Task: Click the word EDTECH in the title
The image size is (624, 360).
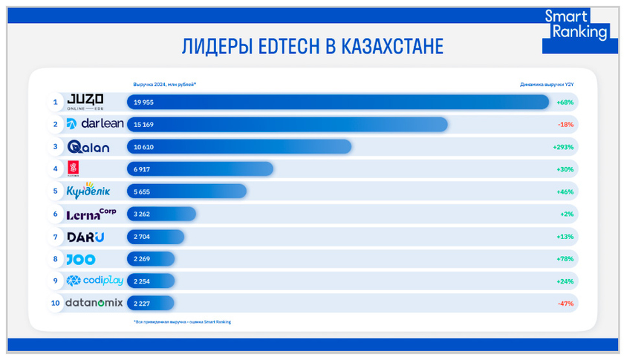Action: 285,46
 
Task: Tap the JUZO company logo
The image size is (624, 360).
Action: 85,102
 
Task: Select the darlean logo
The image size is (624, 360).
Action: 94,124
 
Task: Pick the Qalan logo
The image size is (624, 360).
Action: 88,147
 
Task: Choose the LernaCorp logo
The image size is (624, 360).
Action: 91,214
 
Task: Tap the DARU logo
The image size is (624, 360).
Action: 85,237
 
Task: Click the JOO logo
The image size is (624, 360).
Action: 79,259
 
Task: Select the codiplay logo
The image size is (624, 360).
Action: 94,281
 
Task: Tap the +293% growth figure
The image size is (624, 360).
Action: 564,147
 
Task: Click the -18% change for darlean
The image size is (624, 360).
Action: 566,124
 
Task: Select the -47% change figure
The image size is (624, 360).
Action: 566,304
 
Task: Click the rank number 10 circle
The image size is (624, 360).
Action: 54,304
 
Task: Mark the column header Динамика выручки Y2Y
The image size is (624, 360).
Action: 547,84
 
